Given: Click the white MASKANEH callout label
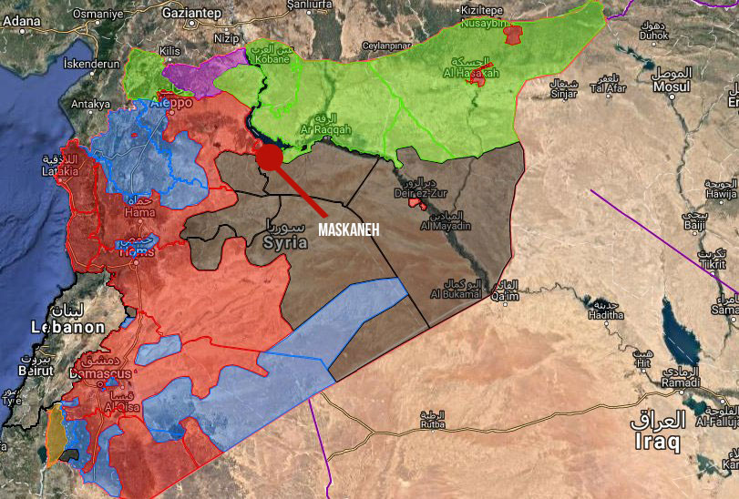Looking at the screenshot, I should (349, 229).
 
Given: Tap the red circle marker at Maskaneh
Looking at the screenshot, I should (269, 157).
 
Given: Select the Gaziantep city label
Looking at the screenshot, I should (190, 14).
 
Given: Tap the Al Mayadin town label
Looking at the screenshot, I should (445, 225).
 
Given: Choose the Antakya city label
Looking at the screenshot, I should (90, 104).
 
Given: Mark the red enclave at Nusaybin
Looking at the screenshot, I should (513, 36).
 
